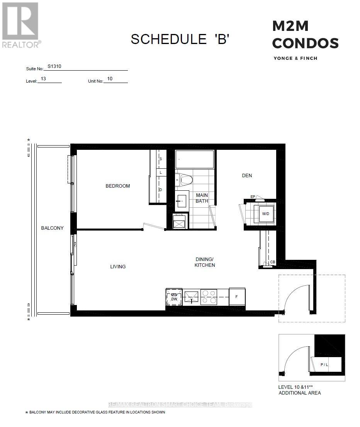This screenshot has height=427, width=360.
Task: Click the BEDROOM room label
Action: point(118,186)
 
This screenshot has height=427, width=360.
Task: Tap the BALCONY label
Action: point(52,228)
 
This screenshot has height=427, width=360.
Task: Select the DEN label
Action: point(247,176)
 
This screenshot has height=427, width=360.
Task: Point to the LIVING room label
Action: point(118,267)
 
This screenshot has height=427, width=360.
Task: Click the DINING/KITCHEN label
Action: point(205,262)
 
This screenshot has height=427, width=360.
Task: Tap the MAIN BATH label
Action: point(202,198)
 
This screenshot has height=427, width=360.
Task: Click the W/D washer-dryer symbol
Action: point(266,213)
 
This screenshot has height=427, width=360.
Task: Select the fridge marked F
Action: point(237,297)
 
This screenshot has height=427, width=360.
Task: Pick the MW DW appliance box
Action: point(173,297)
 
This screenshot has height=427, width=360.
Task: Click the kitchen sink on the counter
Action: point(192,297)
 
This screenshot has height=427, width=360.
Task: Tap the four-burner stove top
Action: point(209,297)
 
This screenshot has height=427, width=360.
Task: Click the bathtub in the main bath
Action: point(194,159)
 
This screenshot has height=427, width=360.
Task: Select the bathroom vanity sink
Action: point(182,201)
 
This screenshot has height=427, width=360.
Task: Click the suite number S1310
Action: point(54,66)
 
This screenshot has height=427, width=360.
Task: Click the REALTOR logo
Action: point(20,25)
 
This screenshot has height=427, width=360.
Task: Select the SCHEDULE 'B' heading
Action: point(180,39)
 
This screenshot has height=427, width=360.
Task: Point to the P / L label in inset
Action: point(324,364)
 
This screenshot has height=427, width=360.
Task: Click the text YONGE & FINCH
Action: point(295,58)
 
